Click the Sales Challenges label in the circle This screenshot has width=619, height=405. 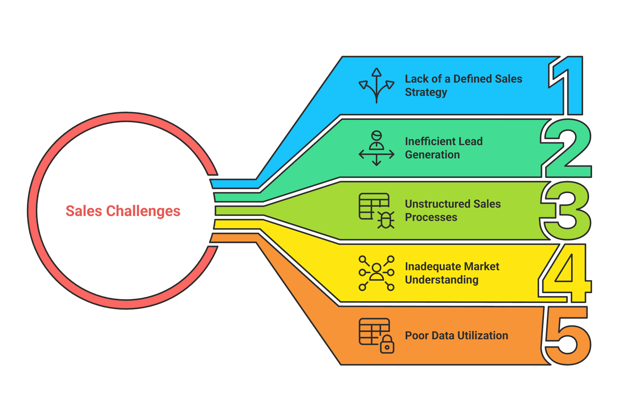tap(123, 211)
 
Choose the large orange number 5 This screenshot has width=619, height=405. tap(567, 336)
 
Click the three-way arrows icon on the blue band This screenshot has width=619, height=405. tap(376, 85)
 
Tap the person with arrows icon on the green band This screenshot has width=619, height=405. tap(376, 148)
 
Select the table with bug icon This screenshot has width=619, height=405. tap(376, 211)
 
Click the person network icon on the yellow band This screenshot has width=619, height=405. tap(376, 273)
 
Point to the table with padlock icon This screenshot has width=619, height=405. tap(376, 335)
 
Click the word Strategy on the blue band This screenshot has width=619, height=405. tap(426, 92)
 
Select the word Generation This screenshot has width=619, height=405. tap(432, 155)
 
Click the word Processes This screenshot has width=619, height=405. tap(431, 217)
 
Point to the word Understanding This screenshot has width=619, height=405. tap(442, 280)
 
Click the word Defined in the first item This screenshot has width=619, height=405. tap(472, 79)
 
